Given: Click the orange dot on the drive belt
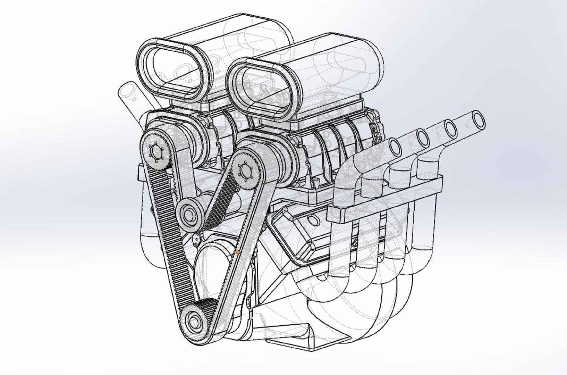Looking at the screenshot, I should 238,252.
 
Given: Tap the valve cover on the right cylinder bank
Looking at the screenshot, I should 302,236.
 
